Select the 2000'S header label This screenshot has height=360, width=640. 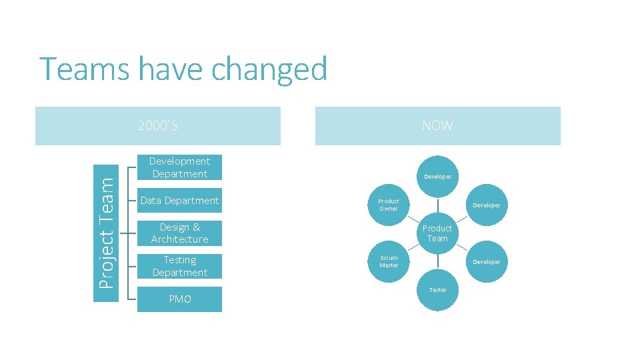pyautogui.click(x=157, y=125)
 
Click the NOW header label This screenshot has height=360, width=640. pyautogui.click(x=437, y=125)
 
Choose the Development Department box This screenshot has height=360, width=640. pyautogui.click(x=179, y=167)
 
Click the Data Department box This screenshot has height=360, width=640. pyautogui.click(x=179, y=201)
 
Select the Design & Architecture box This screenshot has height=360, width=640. pyautogui.click(x=179, y=233)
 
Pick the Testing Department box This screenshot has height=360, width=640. pyautogui.click(x=179, y=266)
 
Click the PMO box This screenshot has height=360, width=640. pyautogui.click(x=179, y=299)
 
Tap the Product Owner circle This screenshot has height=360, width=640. pyautogui.click(x=389, y=205)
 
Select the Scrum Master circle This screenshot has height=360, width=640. pyautogui.click(x=389, y=261)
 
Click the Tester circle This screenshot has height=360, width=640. pyautogui.click(x=438, y=290)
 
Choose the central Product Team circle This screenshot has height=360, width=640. pyautogui.click(x=437, y=233)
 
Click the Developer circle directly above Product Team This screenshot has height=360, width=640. pyautogui.click(x=438, y=177)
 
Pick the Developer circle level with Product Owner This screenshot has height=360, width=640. pyautogui.click(x=487, y=205)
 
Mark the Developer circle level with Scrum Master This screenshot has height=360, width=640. pyautogui.click(x=487, y=261)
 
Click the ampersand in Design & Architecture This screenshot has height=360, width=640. pyautogui.click(x=196, y=227)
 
